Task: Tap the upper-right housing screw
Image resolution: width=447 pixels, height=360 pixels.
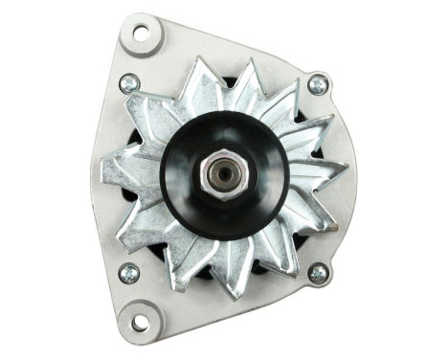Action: point(318,85)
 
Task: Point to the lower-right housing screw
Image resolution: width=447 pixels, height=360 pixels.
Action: point(317,273)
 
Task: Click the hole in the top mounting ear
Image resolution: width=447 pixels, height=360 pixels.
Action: point(141,34)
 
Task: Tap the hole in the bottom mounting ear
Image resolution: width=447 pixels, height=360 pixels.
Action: point(140,322)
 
